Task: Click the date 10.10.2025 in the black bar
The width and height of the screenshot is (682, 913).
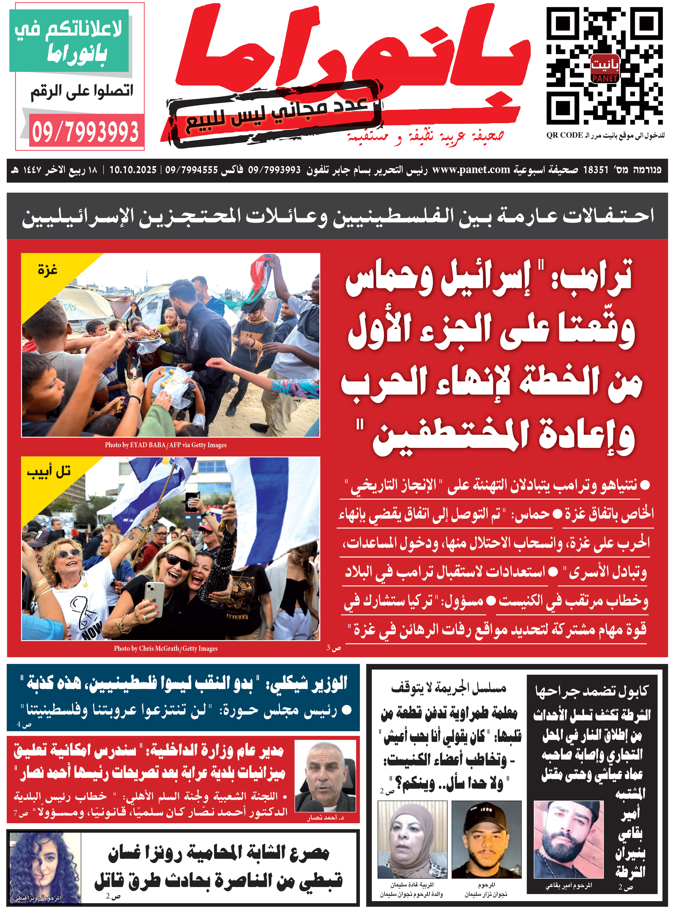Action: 133,170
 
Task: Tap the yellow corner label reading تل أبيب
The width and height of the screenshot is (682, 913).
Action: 49,471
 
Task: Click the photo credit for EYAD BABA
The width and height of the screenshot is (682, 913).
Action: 166,445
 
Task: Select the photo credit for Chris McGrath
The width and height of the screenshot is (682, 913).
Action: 166,649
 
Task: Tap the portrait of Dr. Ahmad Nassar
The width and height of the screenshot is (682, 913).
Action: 325,777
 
